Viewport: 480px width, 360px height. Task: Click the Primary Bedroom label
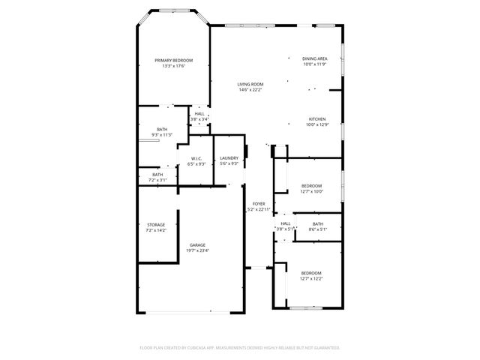pyautogui.click(x=173, y=60)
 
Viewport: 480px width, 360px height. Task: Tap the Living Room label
pyautogui.click(x=250, y=85)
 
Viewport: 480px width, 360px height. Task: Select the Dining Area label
pyautogui.click(x=314, y=58)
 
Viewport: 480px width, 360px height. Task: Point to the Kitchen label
pyautogui.click(x=316, y=119)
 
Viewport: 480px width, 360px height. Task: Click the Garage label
pyautogui.click(x=197, y=245)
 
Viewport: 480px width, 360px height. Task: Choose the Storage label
pyautogui.click(x=155, y=224)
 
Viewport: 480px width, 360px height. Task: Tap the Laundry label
pyautogui.click(x=229, y=157)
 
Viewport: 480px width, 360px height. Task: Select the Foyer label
pyautogui.click(x=259, y=203)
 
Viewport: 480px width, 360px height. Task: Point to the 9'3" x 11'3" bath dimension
pyautogui.click(x=162, y=135)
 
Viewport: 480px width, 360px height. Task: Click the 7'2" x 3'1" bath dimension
pyautogui.click(x=157, y=180)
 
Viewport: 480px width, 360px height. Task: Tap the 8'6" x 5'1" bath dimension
pyautogui.click(x=318, y=229)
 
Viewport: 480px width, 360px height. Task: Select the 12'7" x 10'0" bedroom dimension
pyautogui.click(x=311, y=191)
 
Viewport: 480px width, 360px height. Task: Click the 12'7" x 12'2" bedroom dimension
pyautogui.click(x=311, y=278)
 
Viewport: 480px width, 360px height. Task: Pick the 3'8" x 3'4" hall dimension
pyautogui.click(x=199, y=119)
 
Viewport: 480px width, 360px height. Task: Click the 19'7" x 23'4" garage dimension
pyautogui.click(x=197, y=250)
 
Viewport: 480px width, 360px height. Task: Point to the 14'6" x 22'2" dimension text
pyautogui.click(x=250, y=91)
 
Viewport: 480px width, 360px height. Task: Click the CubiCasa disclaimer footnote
pyautogui.click(x=240, y=348)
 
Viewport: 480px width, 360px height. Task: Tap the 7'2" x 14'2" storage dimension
pyautogui.click(x=155, y=230)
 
